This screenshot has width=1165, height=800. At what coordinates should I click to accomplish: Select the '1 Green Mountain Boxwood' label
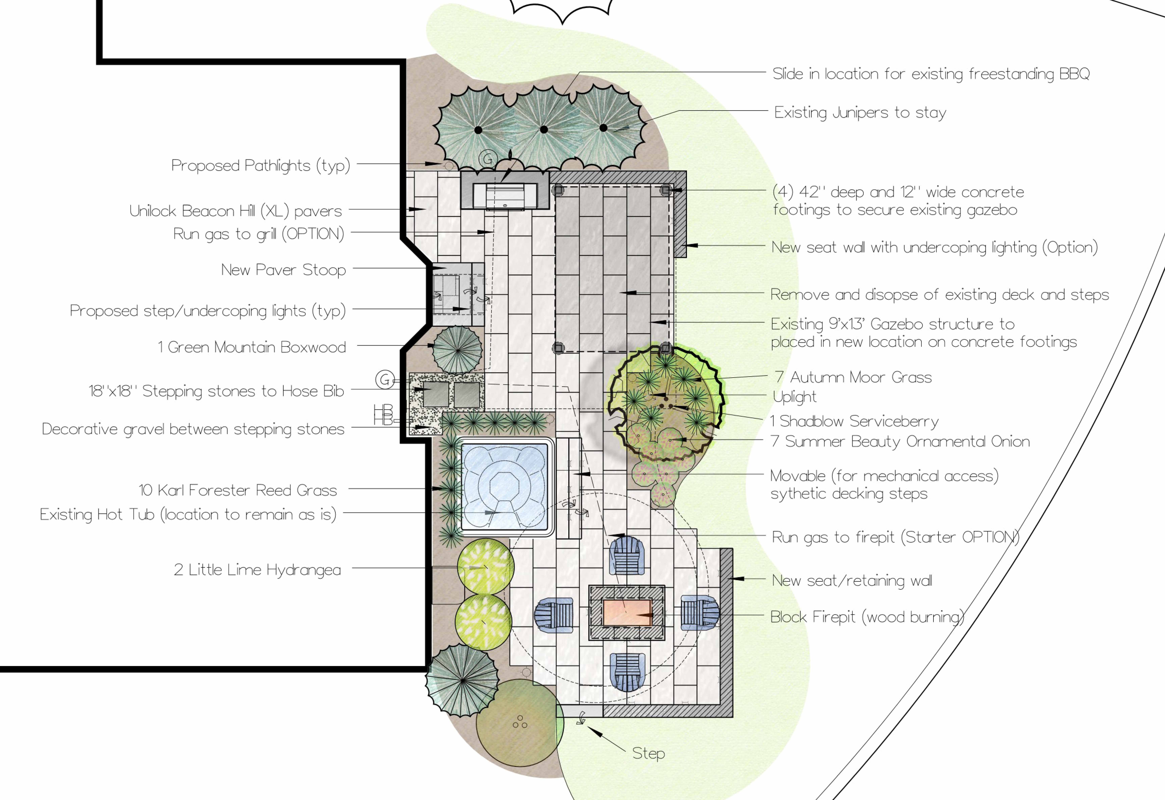click(x=252, y=347)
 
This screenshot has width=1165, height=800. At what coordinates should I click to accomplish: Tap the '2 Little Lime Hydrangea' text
click(x=257, y=570)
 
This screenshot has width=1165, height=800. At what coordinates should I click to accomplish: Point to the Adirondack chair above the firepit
click(x=627, y=555)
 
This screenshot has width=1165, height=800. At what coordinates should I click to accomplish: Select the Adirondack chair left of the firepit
click(x=554, y=615)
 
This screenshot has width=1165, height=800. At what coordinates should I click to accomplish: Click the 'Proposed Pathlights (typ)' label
click(x=261, y=165)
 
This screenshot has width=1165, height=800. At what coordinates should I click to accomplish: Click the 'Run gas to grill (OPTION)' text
click(x=259, y=234)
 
